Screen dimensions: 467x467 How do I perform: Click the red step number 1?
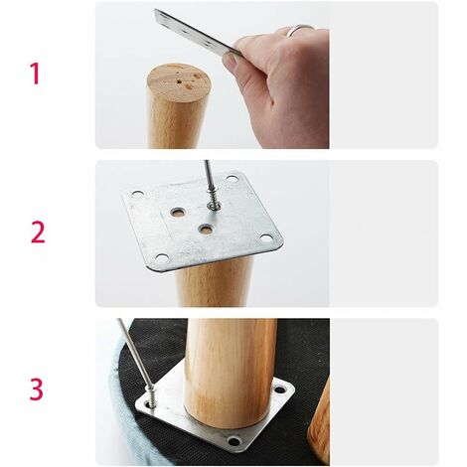(35, 74)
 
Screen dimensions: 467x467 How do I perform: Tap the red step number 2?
(38, 233)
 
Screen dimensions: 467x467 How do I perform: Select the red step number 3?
(37, 389)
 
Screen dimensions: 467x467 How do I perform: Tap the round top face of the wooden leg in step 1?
(178, 80)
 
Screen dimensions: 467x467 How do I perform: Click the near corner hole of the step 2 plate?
(162, 258)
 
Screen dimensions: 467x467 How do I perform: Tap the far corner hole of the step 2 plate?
(232, 179)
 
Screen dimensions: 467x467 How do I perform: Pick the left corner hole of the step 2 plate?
(137, 194)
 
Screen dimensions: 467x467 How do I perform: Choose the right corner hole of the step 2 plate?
(265, 238)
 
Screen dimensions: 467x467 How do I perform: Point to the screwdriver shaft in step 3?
(133, 352)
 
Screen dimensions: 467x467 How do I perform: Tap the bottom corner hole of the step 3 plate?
(234, 441)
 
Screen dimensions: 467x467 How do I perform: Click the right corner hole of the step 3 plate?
(280, 389)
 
